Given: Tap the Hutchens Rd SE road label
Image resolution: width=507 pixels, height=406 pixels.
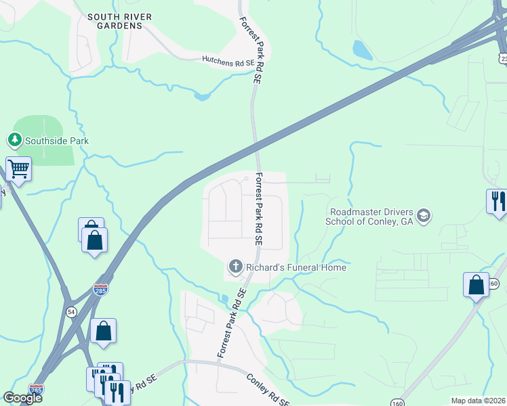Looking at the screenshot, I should (x=228, y=61).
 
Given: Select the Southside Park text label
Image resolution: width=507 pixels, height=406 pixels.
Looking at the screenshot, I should (x=57, y=141).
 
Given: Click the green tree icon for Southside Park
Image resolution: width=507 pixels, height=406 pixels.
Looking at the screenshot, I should (x=14, y=140).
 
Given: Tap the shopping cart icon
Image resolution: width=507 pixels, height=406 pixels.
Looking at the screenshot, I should (x=18, y=169).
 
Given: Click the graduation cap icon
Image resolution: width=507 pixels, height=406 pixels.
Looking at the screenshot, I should (x=424, y=216).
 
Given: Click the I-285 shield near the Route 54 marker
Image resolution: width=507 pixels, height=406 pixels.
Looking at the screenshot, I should (x=101, y=290).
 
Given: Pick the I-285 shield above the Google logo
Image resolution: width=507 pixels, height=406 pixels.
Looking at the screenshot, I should (x=37, y=390).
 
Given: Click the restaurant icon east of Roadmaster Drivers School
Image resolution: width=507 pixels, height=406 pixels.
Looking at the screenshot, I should (x=497, y=201).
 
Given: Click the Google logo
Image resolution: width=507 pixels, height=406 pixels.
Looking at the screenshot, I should (x=22, y=398).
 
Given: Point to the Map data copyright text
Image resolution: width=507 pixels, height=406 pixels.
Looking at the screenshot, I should (x=478, y=401).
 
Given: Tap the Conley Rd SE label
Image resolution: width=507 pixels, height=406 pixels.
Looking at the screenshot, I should (x=267, y=388).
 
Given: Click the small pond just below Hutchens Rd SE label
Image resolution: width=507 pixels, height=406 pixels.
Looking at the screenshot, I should (x=201, y=97).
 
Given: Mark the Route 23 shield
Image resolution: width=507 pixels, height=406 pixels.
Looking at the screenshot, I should (x=503, y=58).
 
